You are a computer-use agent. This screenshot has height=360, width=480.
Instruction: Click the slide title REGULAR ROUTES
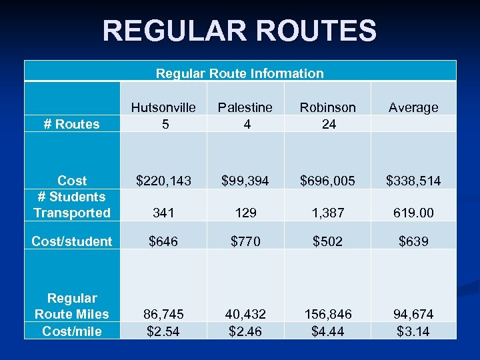click(x=239, y=31)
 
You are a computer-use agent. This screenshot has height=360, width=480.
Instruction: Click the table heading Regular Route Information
click(x=239, y=73)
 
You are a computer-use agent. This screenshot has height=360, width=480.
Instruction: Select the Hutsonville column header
click(x=163, y=107)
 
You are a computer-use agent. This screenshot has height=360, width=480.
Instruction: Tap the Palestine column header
click(x=247, y=107)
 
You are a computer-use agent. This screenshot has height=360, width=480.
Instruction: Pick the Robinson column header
click(x=328, y=107)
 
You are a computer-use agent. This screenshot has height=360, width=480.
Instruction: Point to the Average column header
click(x=413, y=107)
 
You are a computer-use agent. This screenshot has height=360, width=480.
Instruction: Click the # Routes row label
click(x=71, y=124)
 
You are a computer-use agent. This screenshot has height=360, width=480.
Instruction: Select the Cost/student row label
click(x=72, y=241)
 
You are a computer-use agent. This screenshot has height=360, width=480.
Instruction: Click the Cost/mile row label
click(x=72, y=331)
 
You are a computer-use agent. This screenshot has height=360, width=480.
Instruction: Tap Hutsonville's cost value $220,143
click(x=163, y=181)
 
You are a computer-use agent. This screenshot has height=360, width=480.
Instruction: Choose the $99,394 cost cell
click(x=247, y=181)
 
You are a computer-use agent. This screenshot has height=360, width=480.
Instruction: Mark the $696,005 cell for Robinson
click(x=328, y=181)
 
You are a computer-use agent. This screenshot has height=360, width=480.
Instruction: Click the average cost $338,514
click(x=413, y=181)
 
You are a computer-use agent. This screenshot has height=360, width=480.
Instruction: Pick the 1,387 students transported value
click(x=328, y=213)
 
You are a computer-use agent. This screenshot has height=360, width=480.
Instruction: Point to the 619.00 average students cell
click(x=413, y=213)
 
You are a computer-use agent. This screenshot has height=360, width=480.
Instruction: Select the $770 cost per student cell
click(x=247, y=241)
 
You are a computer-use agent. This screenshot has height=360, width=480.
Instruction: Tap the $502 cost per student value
click(x=328, y=241)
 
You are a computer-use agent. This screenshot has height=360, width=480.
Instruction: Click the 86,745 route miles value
click(x=163, y=314)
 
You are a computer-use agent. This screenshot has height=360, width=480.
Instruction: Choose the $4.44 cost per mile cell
click(x=328, y=331)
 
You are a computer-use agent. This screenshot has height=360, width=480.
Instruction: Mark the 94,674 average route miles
click(x=413, y=314)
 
